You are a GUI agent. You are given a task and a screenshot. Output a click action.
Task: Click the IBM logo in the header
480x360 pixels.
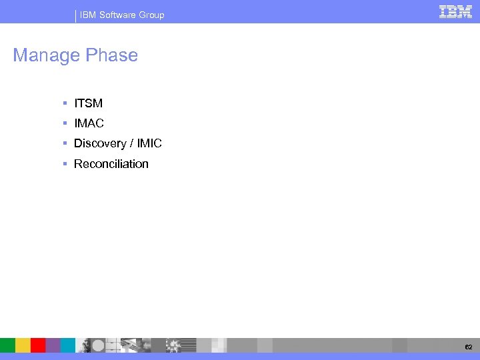pyautogui.click(x=455, y=11)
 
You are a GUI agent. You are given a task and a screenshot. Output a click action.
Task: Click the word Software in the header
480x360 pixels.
pyautogui.click(x=118, y=15)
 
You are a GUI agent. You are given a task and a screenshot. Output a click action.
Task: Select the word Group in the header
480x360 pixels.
pyautogui.click(x=151, y=15)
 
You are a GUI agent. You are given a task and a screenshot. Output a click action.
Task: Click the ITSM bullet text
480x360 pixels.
pyautogui.click(x=88, y=104)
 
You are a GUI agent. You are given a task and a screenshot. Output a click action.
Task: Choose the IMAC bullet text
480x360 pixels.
pyautogui.click(x=89, y=124)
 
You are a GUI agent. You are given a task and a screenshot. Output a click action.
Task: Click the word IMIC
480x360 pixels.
pyautogui.click(x=149, y=144)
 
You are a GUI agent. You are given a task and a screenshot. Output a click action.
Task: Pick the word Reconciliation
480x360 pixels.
pyautogui.click(x=111, y=164)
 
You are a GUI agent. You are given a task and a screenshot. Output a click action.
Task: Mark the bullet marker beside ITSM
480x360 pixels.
pyautogui.click(x=65, y=104)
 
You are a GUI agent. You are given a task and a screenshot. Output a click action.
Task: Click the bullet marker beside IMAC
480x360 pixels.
pyautogui.click(x=65, y=124)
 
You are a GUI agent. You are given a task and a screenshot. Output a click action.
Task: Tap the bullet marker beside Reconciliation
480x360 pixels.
pyautogui.click(x=65, y=164)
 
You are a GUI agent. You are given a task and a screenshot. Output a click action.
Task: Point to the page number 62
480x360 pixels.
pyautogui.click(x=469, y=347)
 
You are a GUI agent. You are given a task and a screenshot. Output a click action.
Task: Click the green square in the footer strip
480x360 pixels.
pyautogui.click(x=7, y=345)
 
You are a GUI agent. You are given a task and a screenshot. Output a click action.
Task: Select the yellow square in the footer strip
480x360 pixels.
pyautogui.click(x=23, y=345)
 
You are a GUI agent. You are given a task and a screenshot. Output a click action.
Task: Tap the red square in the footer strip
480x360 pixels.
pyautogui.click(x=38, y=345)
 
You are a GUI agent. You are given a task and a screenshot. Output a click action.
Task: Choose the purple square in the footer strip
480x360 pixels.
pyautogui.click(x=53, y=345)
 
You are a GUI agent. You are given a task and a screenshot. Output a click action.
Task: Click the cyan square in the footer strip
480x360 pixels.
pyautogui.click(x=68, y=345)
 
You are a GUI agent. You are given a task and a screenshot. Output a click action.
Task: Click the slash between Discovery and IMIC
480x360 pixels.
pyautogui.click(x=132, y=144)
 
